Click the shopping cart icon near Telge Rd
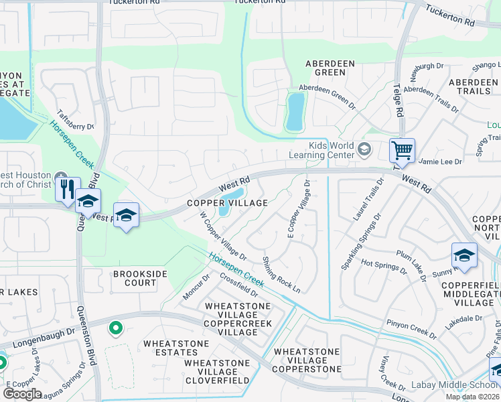coord(402,151)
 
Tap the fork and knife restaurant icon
coord(68,188)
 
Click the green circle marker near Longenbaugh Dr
coord(116,328)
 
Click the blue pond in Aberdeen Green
coord(294,111)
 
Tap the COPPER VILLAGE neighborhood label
coord(227,202)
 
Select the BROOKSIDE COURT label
coord(135,278)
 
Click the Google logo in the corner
coord(22,393)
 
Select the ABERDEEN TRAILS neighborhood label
coord(473,86)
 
